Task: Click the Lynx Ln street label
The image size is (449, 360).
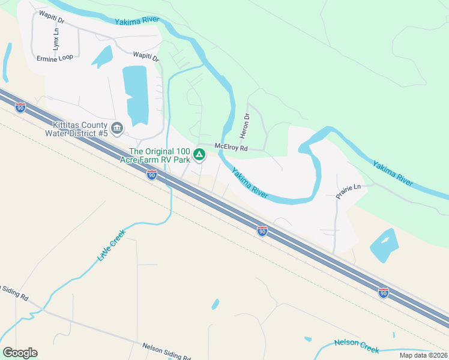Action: pyautogui.click(x=56, y=38)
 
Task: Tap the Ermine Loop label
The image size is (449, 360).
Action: pyautogui.click(x=55, y=58)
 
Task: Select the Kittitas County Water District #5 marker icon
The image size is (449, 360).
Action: pyautogui.click(x=117, y=128)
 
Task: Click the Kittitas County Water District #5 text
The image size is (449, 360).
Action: pyautogui.click(x=80, y=128)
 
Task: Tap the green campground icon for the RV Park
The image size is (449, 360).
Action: pyautogui.click(x=200, y=155)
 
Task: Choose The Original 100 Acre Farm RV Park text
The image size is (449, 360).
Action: pyautogui.click(x=160, y=155)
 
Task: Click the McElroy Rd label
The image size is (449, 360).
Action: pyautogui.click(x=232, y=147)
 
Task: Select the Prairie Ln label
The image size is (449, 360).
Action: pyautogui.click(x=348, y=188)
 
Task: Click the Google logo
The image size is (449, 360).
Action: pyautogui.click(x=20, y=353)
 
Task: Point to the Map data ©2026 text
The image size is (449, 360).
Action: pyautogui.click(x=423, y=355)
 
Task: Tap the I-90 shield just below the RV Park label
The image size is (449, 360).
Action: pyautogui.click(x=152, y=175)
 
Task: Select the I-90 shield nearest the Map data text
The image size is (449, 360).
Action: pyautogui.click(x=383, y=293)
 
